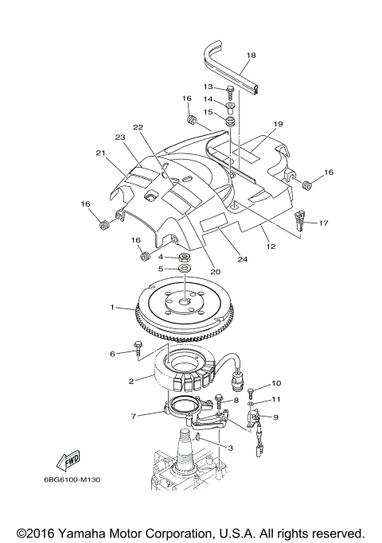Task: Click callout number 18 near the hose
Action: pos(251,55)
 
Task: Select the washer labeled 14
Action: pos(229,105)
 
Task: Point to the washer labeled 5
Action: pos(184,270)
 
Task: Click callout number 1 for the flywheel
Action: pos(113,306)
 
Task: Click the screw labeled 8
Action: pos(220,401)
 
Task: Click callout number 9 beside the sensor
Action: pos(275,417)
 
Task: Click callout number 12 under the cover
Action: pos(271,246)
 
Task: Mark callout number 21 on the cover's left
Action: pos(100,153)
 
